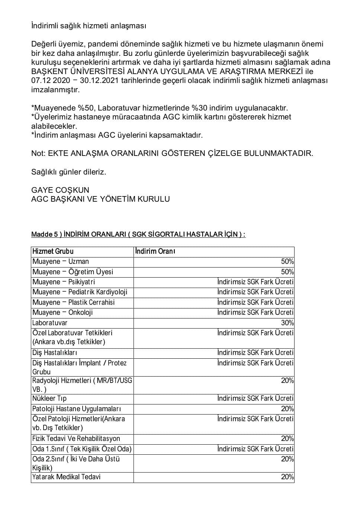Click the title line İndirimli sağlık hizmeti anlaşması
point(89,26)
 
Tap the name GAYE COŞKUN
point(60,190)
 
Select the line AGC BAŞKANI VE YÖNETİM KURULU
point(100,199)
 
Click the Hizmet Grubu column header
point(53,251)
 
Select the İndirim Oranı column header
point(155,251)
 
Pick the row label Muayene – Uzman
point(61,262)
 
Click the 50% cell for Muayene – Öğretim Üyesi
point(287,272)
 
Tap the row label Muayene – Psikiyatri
point(64,282)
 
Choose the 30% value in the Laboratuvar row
point(287,323)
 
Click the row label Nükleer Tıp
point(49,399)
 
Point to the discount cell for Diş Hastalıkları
point(255,353)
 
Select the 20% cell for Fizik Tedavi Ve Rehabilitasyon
point(287,439)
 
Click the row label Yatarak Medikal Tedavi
point(66,477)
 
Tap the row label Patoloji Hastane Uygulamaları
point(77,409)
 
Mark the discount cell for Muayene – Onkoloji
point(255,313)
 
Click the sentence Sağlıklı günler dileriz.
point(69,172)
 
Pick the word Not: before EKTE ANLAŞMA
point(38,153)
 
